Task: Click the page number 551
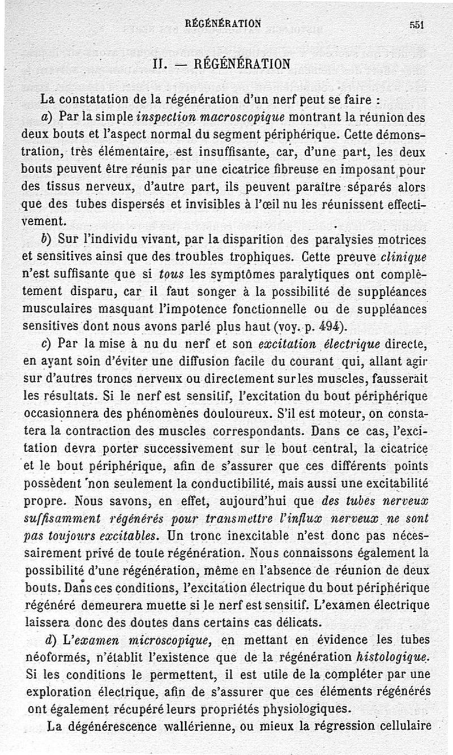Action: point(418,24)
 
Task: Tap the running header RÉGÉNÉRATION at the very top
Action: point(223,23)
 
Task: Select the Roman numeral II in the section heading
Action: point(159,63)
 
